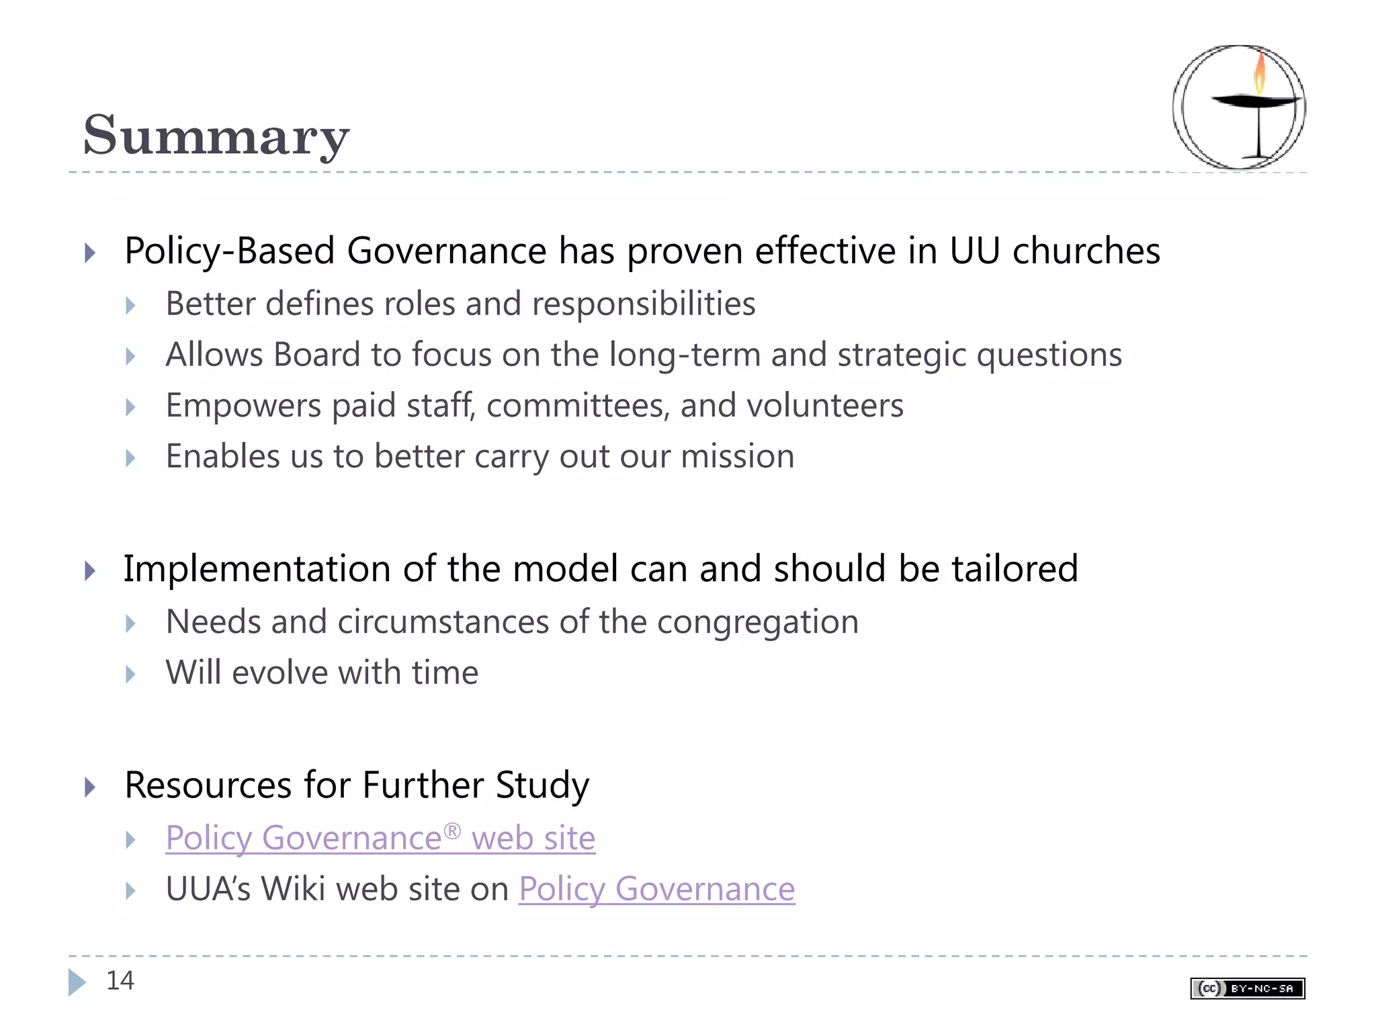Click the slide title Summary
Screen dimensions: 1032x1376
pos(216,135)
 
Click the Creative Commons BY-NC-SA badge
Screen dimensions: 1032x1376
pos(1247,988)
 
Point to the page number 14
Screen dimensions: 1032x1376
pos(120,980)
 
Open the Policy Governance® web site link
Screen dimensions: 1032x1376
pos(380,838)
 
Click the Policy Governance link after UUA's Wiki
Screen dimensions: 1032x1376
pos(656,889)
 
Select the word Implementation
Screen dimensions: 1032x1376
pos(257,568)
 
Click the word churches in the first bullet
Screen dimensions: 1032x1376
pos(1086,251)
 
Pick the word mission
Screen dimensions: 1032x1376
pos(737,456)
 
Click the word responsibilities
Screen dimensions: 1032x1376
pos(644,304)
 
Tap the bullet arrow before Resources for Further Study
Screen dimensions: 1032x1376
pos(90,786)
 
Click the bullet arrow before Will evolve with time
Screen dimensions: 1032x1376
pos(131,674)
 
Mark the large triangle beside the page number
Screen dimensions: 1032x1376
pos(77,982)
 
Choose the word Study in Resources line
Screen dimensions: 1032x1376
pos(542,785)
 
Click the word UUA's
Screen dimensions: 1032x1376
pos(208,889)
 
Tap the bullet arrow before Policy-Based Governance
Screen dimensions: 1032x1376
pos(90,253)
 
